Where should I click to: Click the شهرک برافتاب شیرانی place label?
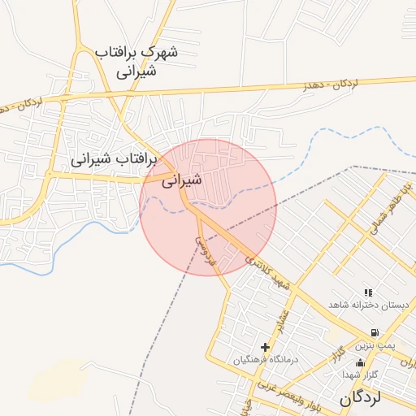pyautogui.click(x=136, y=62)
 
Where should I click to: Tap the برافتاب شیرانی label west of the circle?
pyautogui.click(x=113, y=159)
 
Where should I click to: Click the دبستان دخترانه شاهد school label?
pyautogui.click(x=366, y=304)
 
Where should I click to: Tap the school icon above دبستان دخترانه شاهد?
pyautogui.click(x=368, y=292)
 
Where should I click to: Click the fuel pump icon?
pyautogui.click(x=374, y=332)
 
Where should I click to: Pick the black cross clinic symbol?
pyautogui.click(x=265, y=347)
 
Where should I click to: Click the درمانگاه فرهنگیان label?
pyautogui.click(x=266, y=359)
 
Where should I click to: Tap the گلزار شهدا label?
pyautogui.click(x=357, y=374)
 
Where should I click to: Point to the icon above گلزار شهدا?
pyautogui.click(x=360, y=362)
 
